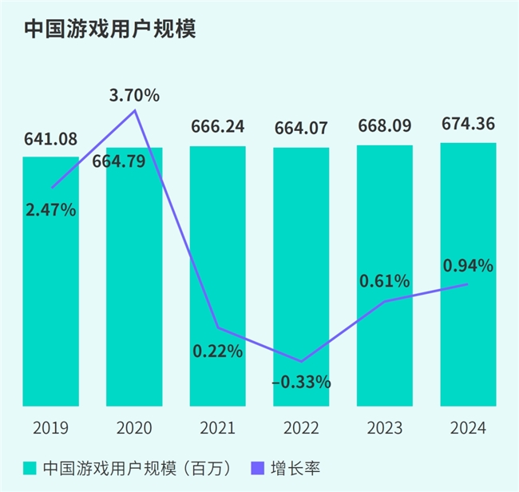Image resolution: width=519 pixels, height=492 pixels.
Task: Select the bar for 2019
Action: (50, 304)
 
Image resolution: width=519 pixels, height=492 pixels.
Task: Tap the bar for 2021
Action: (217, 240)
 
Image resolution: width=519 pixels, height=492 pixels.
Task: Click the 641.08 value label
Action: (50, 140)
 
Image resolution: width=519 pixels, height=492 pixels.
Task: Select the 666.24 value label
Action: (217, 126)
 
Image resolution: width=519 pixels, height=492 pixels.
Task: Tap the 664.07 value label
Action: (301, 128)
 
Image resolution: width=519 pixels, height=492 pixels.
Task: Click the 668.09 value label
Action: (385, 126)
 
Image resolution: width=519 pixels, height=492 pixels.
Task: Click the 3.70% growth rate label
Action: (134, 96)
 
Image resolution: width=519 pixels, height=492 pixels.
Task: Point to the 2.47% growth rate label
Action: (50, 211)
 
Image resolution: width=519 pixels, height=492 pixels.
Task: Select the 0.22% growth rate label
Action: (217, 351)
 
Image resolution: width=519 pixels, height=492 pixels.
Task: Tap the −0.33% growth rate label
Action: (301, 382)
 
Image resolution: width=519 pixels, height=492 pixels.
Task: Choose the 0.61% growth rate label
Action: (385, 280)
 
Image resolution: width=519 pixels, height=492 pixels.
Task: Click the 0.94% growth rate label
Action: (469, 265)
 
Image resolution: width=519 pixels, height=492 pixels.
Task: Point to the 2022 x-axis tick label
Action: (301, 428)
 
